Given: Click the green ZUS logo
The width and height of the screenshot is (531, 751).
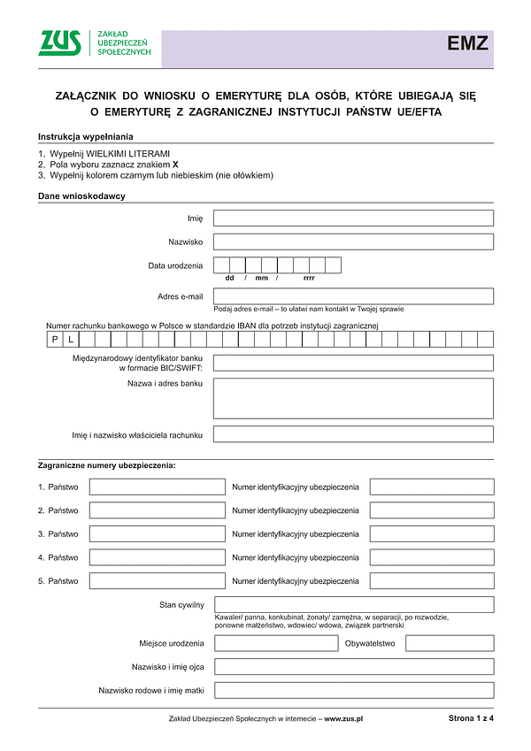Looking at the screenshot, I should point(59,43).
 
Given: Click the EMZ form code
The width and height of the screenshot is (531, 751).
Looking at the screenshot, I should point(467,44).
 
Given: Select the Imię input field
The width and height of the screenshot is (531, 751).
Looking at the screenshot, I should point(353,218).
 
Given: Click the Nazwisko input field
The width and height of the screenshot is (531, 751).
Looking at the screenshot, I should point(353,241).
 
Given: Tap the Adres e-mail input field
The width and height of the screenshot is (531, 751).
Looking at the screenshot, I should point(353,296).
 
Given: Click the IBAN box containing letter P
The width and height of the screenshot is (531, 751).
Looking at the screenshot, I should point(54,339).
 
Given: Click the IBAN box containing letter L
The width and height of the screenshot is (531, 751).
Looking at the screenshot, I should point(70,339).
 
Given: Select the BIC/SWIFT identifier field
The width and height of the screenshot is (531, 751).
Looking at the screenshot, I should point(353,363).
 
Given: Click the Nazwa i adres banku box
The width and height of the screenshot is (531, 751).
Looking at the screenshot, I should point(353,398).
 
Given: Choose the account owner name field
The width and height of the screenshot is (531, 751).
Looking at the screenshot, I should point(353,434).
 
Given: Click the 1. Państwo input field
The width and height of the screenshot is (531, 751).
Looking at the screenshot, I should point(158,487).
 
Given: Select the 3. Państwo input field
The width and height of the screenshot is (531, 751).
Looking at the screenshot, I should point(158,534).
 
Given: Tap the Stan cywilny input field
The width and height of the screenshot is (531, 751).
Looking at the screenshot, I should point(353,604).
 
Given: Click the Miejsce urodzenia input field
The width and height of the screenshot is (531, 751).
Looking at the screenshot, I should point(275,643).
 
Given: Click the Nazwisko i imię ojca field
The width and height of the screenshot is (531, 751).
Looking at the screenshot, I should point(353,666).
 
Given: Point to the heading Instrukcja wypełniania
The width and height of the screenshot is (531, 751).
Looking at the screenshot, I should point(86,136).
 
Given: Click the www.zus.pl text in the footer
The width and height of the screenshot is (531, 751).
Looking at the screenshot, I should point(344,719).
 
